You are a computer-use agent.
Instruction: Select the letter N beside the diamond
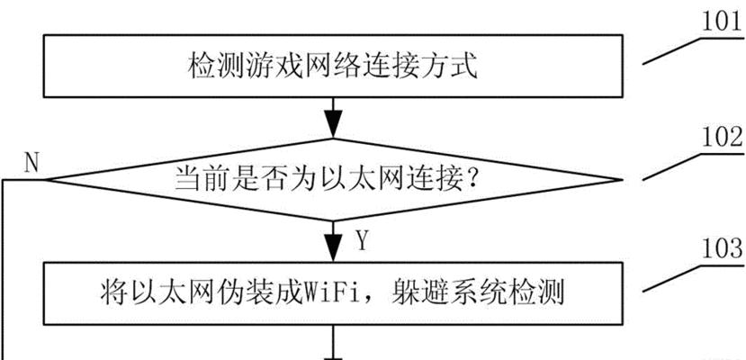(31, 164)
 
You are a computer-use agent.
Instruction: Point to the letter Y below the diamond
(362, 241)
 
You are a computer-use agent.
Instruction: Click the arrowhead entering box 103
(333, 247)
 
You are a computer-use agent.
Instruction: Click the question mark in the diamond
(472, 181)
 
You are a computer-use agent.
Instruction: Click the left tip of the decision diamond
(45, 180)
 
